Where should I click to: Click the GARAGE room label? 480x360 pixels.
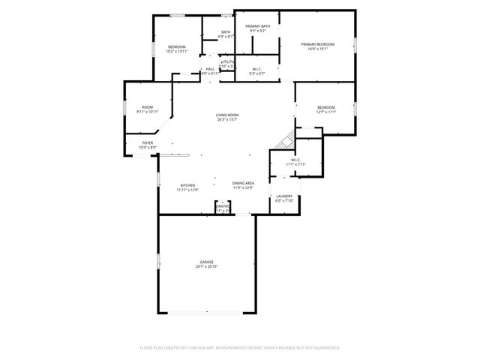[206, 262]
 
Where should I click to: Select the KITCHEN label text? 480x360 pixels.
[187, 185]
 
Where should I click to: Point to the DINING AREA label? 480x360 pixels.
[242, 184]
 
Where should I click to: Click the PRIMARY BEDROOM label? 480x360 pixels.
[317, 44]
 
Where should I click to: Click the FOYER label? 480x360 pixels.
[148, 142]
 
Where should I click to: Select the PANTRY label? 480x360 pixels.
[223, 206]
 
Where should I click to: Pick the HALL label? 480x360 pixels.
[210, 69]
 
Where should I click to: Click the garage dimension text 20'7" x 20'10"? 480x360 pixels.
[206, 266]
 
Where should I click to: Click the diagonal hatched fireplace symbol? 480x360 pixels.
[284, 140]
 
